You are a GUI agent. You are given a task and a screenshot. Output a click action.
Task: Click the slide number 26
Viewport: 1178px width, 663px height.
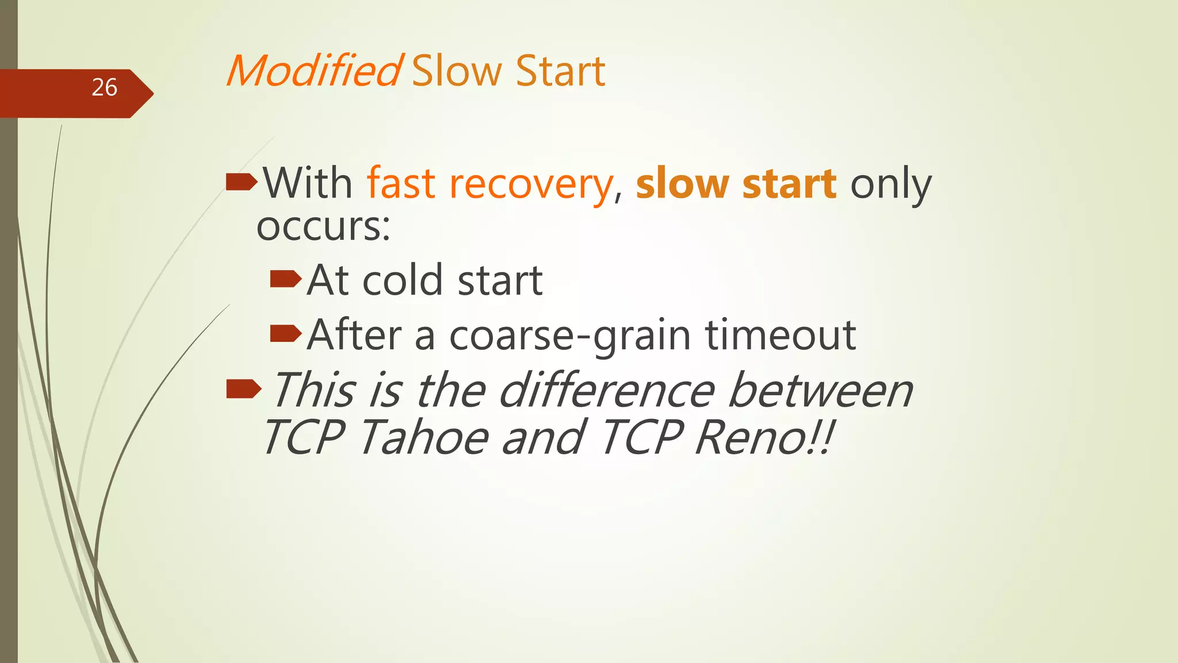pos(104,87)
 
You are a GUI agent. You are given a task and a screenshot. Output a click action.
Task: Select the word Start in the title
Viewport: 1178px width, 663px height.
pos(560,71)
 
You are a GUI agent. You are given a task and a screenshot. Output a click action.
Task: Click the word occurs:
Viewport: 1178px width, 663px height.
pos(323,227)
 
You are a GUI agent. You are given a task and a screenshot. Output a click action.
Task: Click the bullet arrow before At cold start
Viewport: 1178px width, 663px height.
pos(285,280)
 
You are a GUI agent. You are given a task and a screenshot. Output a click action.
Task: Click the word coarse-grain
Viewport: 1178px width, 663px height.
pos(569,336)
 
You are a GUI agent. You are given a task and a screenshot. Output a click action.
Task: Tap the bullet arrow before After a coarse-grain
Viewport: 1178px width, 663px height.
pos(285,333)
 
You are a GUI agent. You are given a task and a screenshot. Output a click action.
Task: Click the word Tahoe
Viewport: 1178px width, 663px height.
pos(424,437)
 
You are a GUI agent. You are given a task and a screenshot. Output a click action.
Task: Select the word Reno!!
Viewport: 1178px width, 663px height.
pos(764,437)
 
